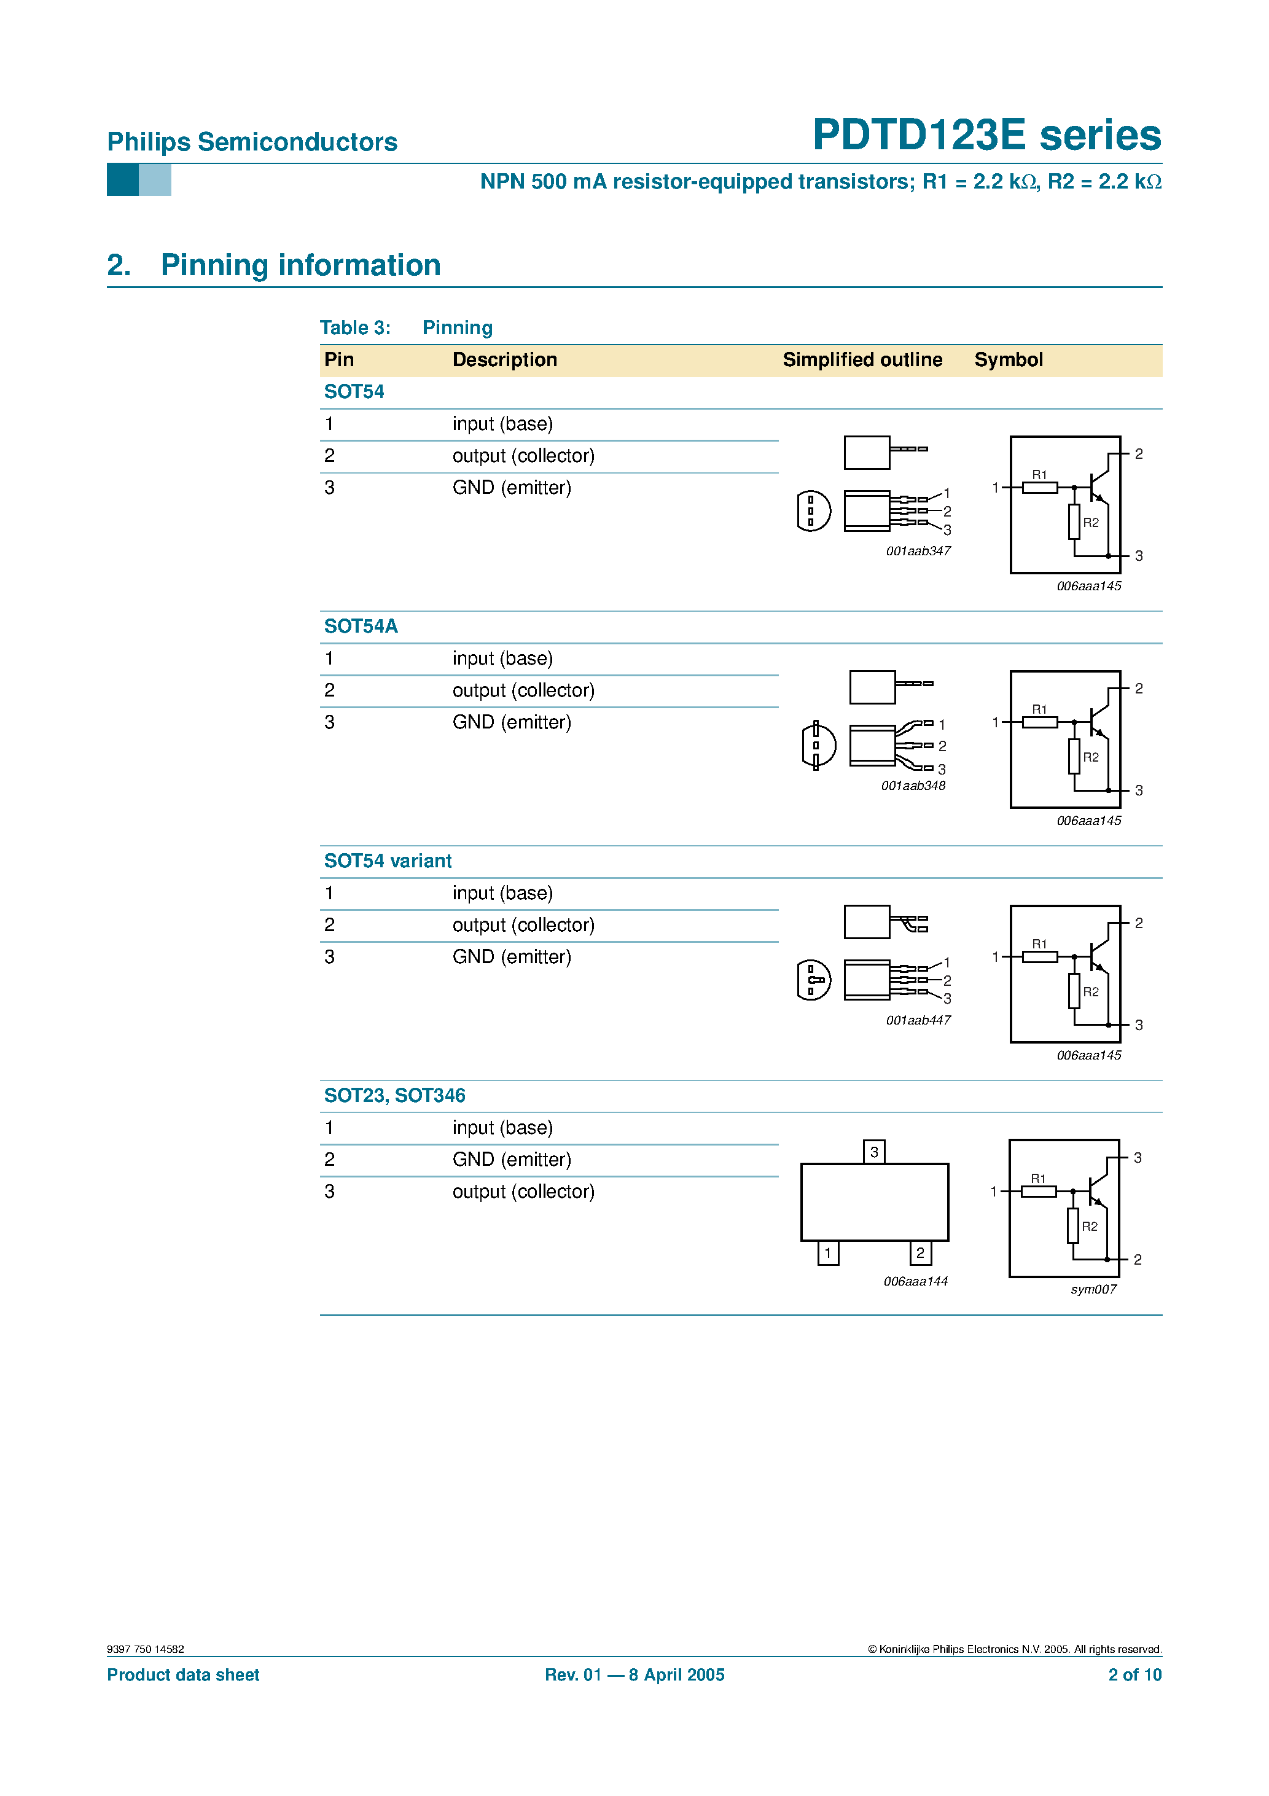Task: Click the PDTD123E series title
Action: [986, 135]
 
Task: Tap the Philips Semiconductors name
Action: [252, 142]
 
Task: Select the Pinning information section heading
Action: [300, 265]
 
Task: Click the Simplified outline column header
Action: [862, 360]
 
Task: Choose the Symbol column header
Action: [1008, 360]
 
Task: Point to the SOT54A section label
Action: [361, 626]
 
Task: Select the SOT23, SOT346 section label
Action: [394, 1095]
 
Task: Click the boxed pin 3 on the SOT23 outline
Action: [874, 1152]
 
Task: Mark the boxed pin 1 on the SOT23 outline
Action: [828, 1253]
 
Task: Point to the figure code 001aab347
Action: [918, 551]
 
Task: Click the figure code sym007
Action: [1093, 1289]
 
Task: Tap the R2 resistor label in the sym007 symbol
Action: [1089, 1227]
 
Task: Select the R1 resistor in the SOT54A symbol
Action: [1040, 721]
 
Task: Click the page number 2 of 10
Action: [1134, 1675]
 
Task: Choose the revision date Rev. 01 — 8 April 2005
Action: [634, 1675]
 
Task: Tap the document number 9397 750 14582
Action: [146, 1649]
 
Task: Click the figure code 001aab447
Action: [918, 1020]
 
